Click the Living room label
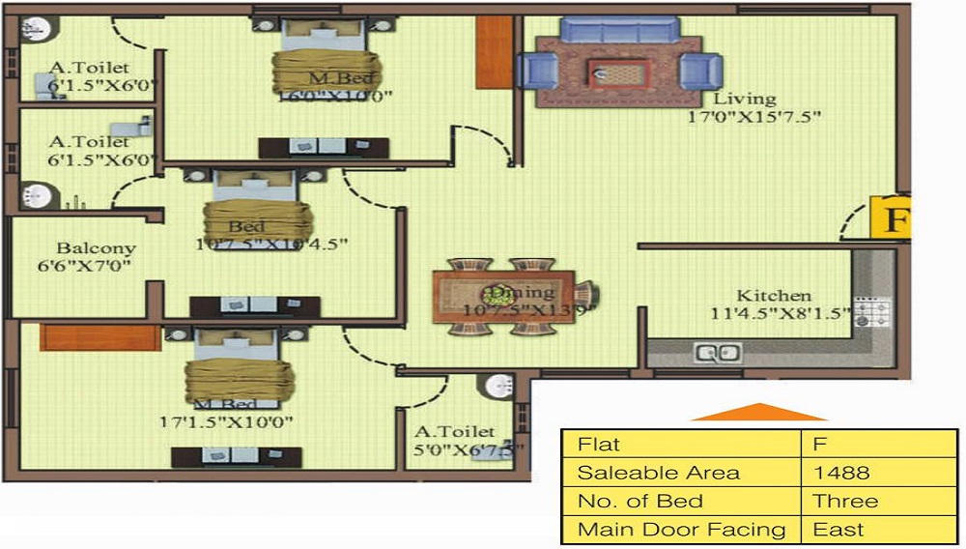coord(744,99)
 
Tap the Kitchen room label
coord(774,296)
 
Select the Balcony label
coord(96,248)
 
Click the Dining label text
coord(522,292)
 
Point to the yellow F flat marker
coord(894,218)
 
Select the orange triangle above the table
coord(758,413)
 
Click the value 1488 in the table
coord(841,473)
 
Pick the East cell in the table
coord(838,530)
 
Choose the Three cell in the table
coord(845,502)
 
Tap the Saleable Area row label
coord(658,473)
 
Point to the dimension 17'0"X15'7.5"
coord(767,118)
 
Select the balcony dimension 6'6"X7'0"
coord(85,266)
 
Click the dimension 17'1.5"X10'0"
coord(226,422)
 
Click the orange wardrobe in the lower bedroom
coord(99,337)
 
